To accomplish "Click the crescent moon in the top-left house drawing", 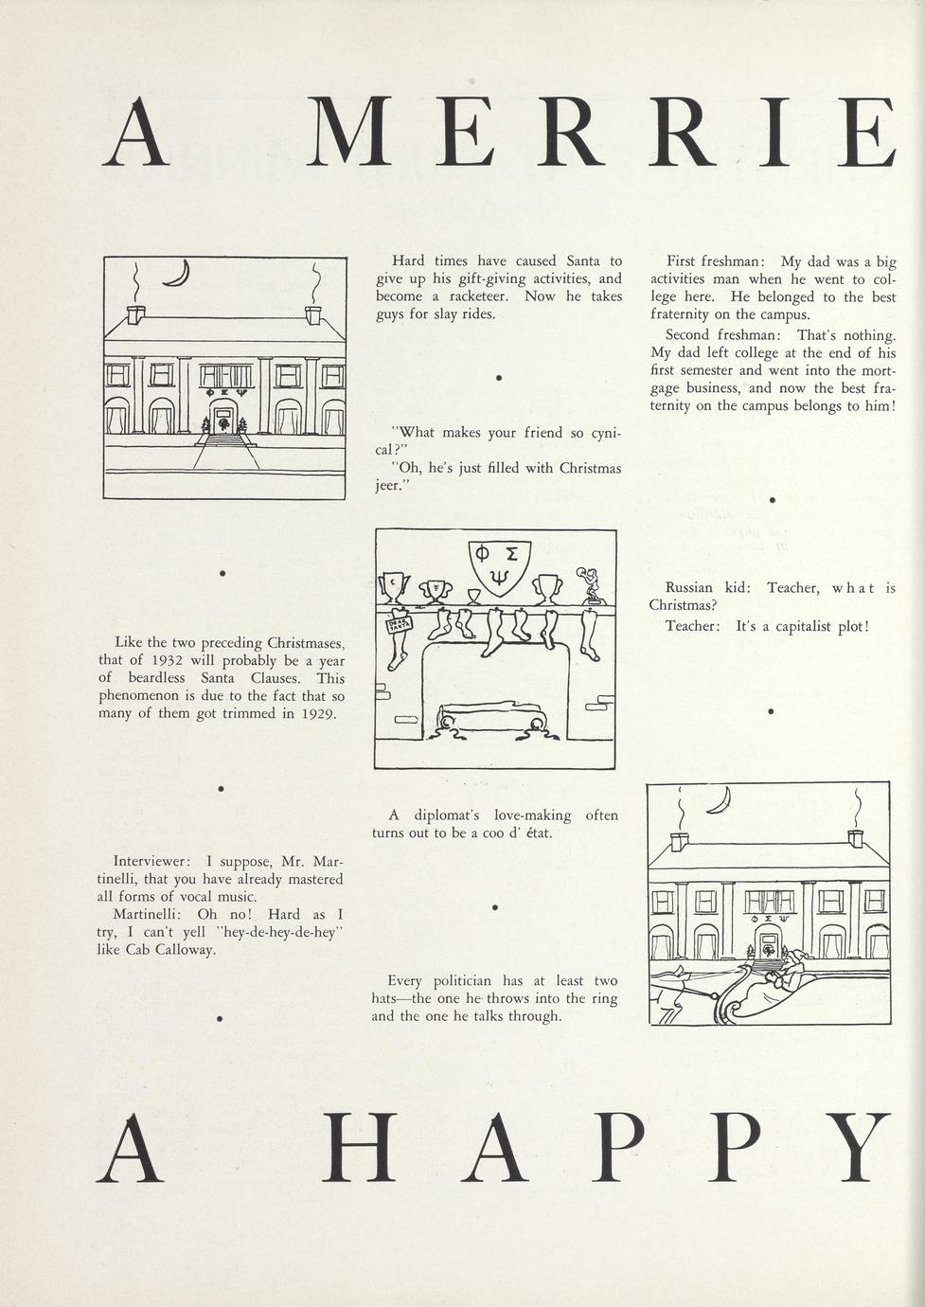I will coord(177,275).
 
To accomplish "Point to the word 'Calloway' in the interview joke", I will coord(184,950).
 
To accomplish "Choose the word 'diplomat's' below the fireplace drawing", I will coord(444,815).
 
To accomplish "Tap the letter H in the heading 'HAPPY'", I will coord(359,1148).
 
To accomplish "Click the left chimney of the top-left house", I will coord(135,313).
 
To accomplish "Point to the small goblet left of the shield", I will coord(473,596).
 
